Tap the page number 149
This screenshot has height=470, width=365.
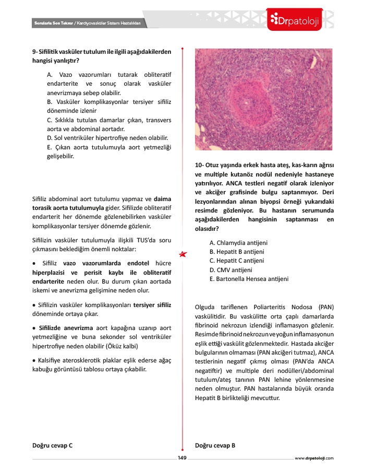point(182,458)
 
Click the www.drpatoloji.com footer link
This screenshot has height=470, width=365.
point(314,458)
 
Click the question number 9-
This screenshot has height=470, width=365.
point(35,52)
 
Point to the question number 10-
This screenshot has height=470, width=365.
point(199,166)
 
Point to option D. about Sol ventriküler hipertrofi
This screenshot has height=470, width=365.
point(107,138)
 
